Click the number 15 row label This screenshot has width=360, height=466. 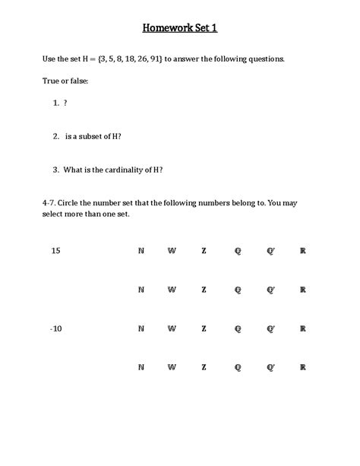coord(55,250)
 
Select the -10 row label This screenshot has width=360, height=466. coord(55,328)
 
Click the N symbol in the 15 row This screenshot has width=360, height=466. coord(141,250)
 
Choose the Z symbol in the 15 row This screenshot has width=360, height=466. coord(204,250)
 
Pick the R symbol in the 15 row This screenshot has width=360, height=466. coord(303,250)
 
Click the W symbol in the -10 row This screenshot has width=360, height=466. coord(172,328)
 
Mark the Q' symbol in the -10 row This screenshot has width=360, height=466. coord(270,328)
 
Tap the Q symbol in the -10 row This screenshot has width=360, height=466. coord(238,328)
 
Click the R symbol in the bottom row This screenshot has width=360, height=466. coord(303,367)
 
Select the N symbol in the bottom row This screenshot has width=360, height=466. coord(141,367)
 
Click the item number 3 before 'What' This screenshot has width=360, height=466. coord(56,170)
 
